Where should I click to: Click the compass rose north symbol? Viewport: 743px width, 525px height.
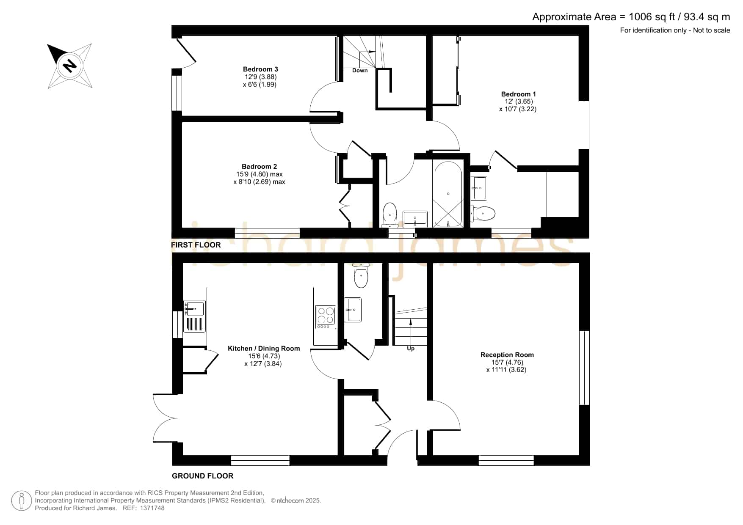click(x=70, y=66)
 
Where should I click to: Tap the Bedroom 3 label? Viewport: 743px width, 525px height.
click(x=260, y=69)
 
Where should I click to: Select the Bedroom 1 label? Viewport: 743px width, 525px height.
click(x=518, y=94)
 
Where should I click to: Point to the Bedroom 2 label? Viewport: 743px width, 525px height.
click(x=259, y=167)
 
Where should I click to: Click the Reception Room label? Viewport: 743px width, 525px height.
click(x=507, y=355)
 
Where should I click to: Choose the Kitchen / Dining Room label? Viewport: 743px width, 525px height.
click(x=264, y=349)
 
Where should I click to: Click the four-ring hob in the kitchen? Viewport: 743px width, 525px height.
click(x=326, y=317)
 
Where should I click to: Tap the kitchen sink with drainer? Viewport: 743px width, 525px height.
click(x=195, y=316)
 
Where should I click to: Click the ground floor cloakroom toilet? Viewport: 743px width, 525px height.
click(x=361, y=275)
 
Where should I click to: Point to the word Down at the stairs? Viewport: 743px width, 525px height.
click(x=360, y=71)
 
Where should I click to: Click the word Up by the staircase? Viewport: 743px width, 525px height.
click(x=411, y=349)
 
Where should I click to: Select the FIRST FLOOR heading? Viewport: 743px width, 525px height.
click(x=196, y=245)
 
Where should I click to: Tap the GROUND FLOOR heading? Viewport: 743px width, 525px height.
click(x=202, y=476)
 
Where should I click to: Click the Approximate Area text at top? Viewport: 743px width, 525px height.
click(x=631, y=17)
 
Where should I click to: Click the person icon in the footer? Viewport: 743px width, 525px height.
click(x=21, y=501)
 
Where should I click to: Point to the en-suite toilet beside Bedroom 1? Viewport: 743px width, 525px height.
click(x=483, y=213)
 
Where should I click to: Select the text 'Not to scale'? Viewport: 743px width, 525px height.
click(x=711, y=30)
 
